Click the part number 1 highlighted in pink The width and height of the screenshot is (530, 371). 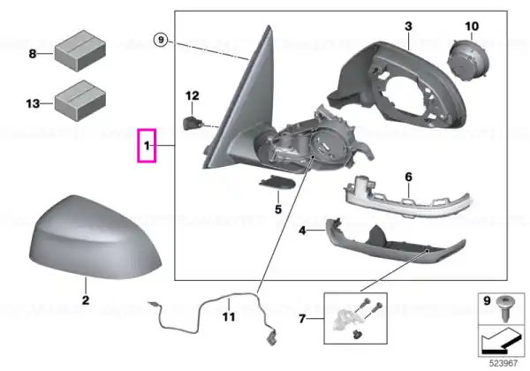[x=147, y=146]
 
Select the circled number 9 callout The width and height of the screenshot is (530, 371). [x=161, y=40]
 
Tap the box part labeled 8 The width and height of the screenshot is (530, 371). [x=80, y=50]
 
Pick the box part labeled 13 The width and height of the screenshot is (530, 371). [x=80, y=101]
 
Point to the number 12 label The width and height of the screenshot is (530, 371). [x=193, y=95]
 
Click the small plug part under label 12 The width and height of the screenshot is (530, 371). [x=192, y=123]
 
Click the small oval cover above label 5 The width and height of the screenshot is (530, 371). [x=277, y=183]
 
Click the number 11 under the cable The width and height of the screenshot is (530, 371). [x=229, y=317]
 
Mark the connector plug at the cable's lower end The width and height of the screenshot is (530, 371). [x=271, y=338]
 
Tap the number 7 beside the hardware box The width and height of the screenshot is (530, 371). [x=302, y=319]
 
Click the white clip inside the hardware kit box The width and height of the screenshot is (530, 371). [x=344, y=320]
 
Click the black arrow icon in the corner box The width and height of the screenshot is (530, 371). [x=502, y=342]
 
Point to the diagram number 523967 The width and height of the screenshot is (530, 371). [x=503, y=363]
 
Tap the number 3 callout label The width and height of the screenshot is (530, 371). [x=408, y=26]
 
